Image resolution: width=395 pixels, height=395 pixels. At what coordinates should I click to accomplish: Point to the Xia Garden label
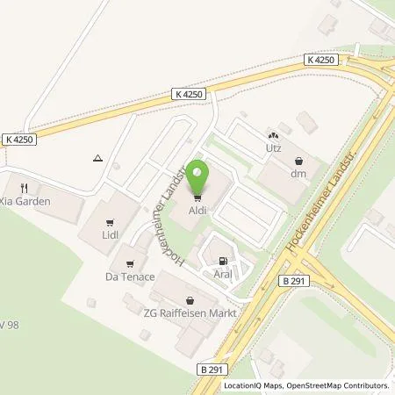pyautogui.click(x=25, y=201)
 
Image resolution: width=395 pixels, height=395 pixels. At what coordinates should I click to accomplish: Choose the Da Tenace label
pyautogui.click(x=132, y=276)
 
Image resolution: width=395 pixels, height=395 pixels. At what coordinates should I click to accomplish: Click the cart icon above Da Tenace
pyautogui.click(x=132, y=262)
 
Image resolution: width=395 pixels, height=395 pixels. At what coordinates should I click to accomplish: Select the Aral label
pyautogui.click(x=222, y=274)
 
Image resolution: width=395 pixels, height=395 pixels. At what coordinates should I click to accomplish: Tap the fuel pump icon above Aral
pyautogui.click(x=222, y=260)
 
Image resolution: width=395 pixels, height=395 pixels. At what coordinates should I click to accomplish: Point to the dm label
pyautogui.click(x=301, y=175)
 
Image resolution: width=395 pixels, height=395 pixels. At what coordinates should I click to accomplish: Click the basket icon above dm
pyautogui.click(x=301, y=161)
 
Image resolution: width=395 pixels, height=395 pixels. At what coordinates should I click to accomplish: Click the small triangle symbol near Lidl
pyautogui.click(x=97, y=159)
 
